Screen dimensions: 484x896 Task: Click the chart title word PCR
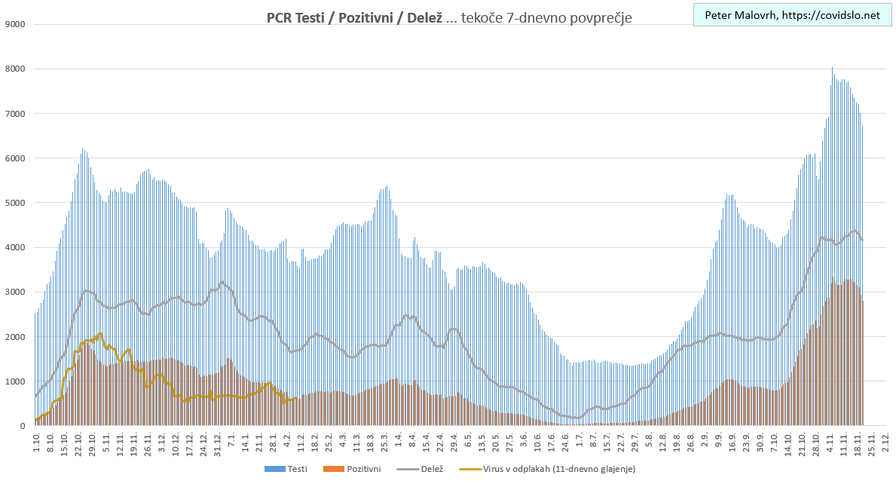pos(280,17)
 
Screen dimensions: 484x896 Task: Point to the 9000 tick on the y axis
pos(16,24)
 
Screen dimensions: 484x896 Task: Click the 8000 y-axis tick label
pos(16,69)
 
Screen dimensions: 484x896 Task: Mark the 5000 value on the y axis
pos(16,203)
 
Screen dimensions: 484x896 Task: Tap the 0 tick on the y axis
pos(23,426)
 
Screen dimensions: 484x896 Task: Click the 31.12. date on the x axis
pos(218,443)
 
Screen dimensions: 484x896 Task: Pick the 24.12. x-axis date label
pos(203,443)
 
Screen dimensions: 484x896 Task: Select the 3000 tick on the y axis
pos(16,292)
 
